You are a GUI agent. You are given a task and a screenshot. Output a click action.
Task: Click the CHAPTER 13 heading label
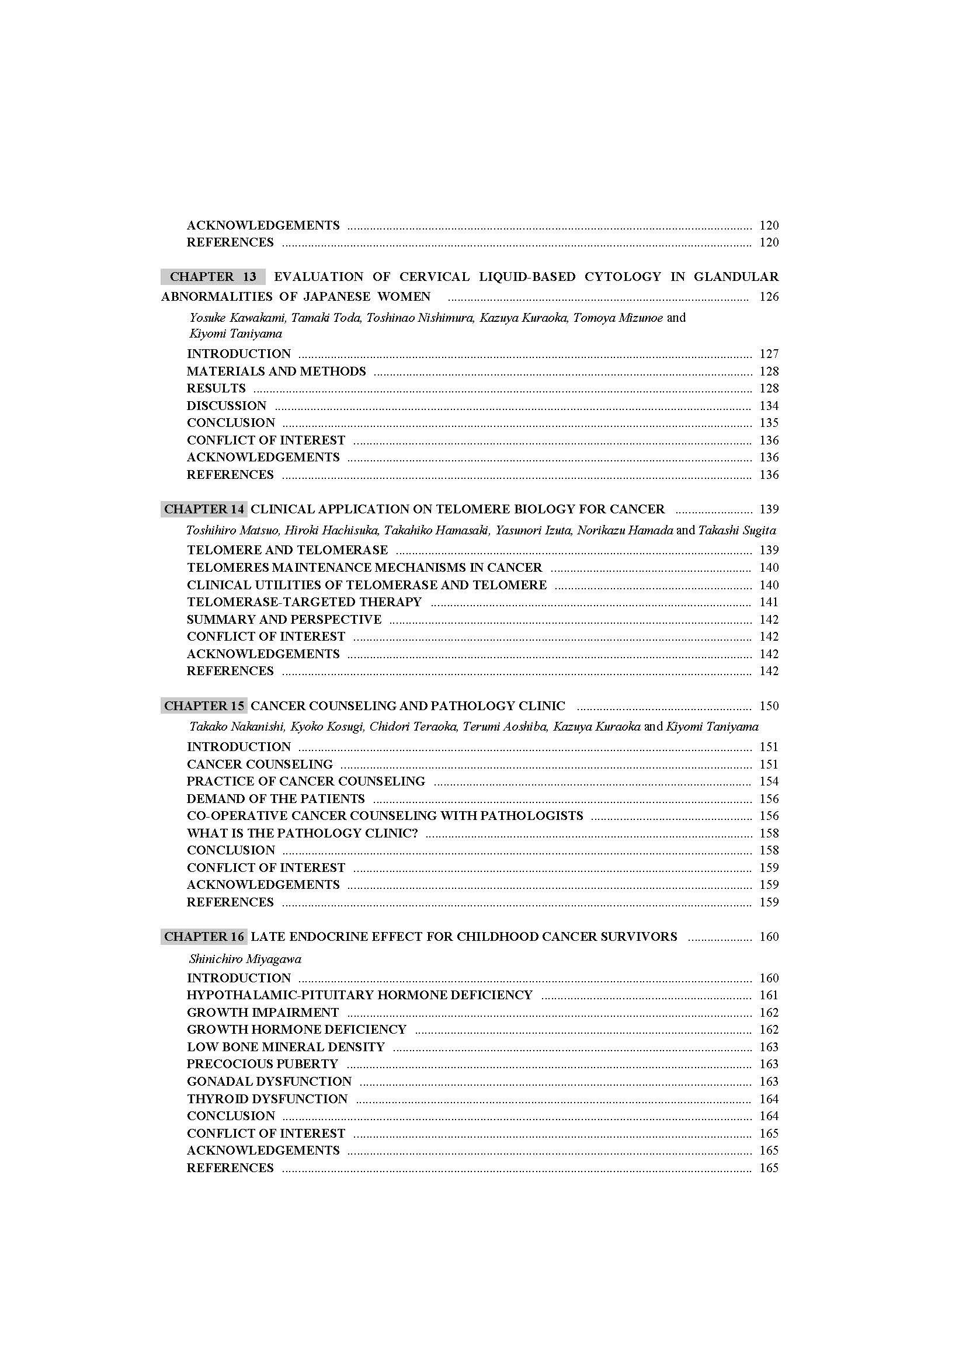click(213, 277)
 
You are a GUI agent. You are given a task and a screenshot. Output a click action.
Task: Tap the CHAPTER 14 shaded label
click(204, 509)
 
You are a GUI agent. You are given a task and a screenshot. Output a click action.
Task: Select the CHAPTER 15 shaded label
click(204, 706)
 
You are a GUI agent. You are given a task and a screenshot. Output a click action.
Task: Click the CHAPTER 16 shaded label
click(204, 936)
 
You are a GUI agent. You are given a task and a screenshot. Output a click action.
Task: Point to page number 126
click(769, 297)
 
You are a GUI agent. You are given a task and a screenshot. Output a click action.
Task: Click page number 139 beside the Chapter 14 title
click(769, 509)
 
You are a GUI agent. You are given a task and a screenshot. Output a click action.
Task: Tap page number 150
click(769, 706)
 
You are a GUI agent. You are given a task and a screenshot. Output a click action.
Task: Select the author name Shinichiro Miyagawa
click(245, 959)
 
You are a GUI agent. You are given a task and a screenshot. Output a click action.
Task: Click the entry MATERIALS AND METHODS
click(276, 371)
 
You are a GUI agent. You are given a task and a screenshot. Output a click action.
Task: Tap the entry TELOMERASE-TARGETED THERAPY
click(304, 602)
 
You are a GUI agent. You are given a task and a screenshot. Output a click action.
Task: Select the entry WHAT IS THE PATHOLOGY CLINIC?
click(302, 833)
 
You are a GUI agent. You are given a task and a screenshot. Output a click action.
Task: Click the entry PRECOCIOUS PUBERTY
click(262, 1063)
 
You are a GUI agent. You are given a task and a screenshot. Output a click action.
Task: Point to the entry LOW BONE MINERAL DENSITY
click(286, 1047)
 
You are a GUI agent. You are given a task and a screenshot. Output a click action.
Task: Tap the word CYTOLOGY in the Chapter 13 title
click(623, 277)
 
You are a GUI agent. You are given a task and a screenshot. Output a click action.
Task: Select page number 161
click(769, 995)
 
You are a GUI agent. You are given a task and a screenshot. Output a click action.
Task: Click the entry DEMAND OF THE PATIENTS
click(276, 799)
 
